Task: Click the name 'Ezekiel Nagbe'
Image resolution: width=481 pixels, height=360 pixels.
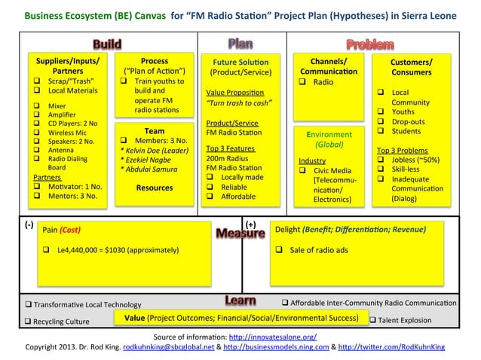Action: (x=149, y=159)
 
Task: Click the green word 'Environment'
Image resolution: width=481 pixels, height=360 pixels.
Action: (x=328, y=134)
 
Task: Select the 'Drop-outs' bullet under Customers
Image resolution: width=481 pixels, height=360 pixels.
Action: (x=410, y=121)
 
